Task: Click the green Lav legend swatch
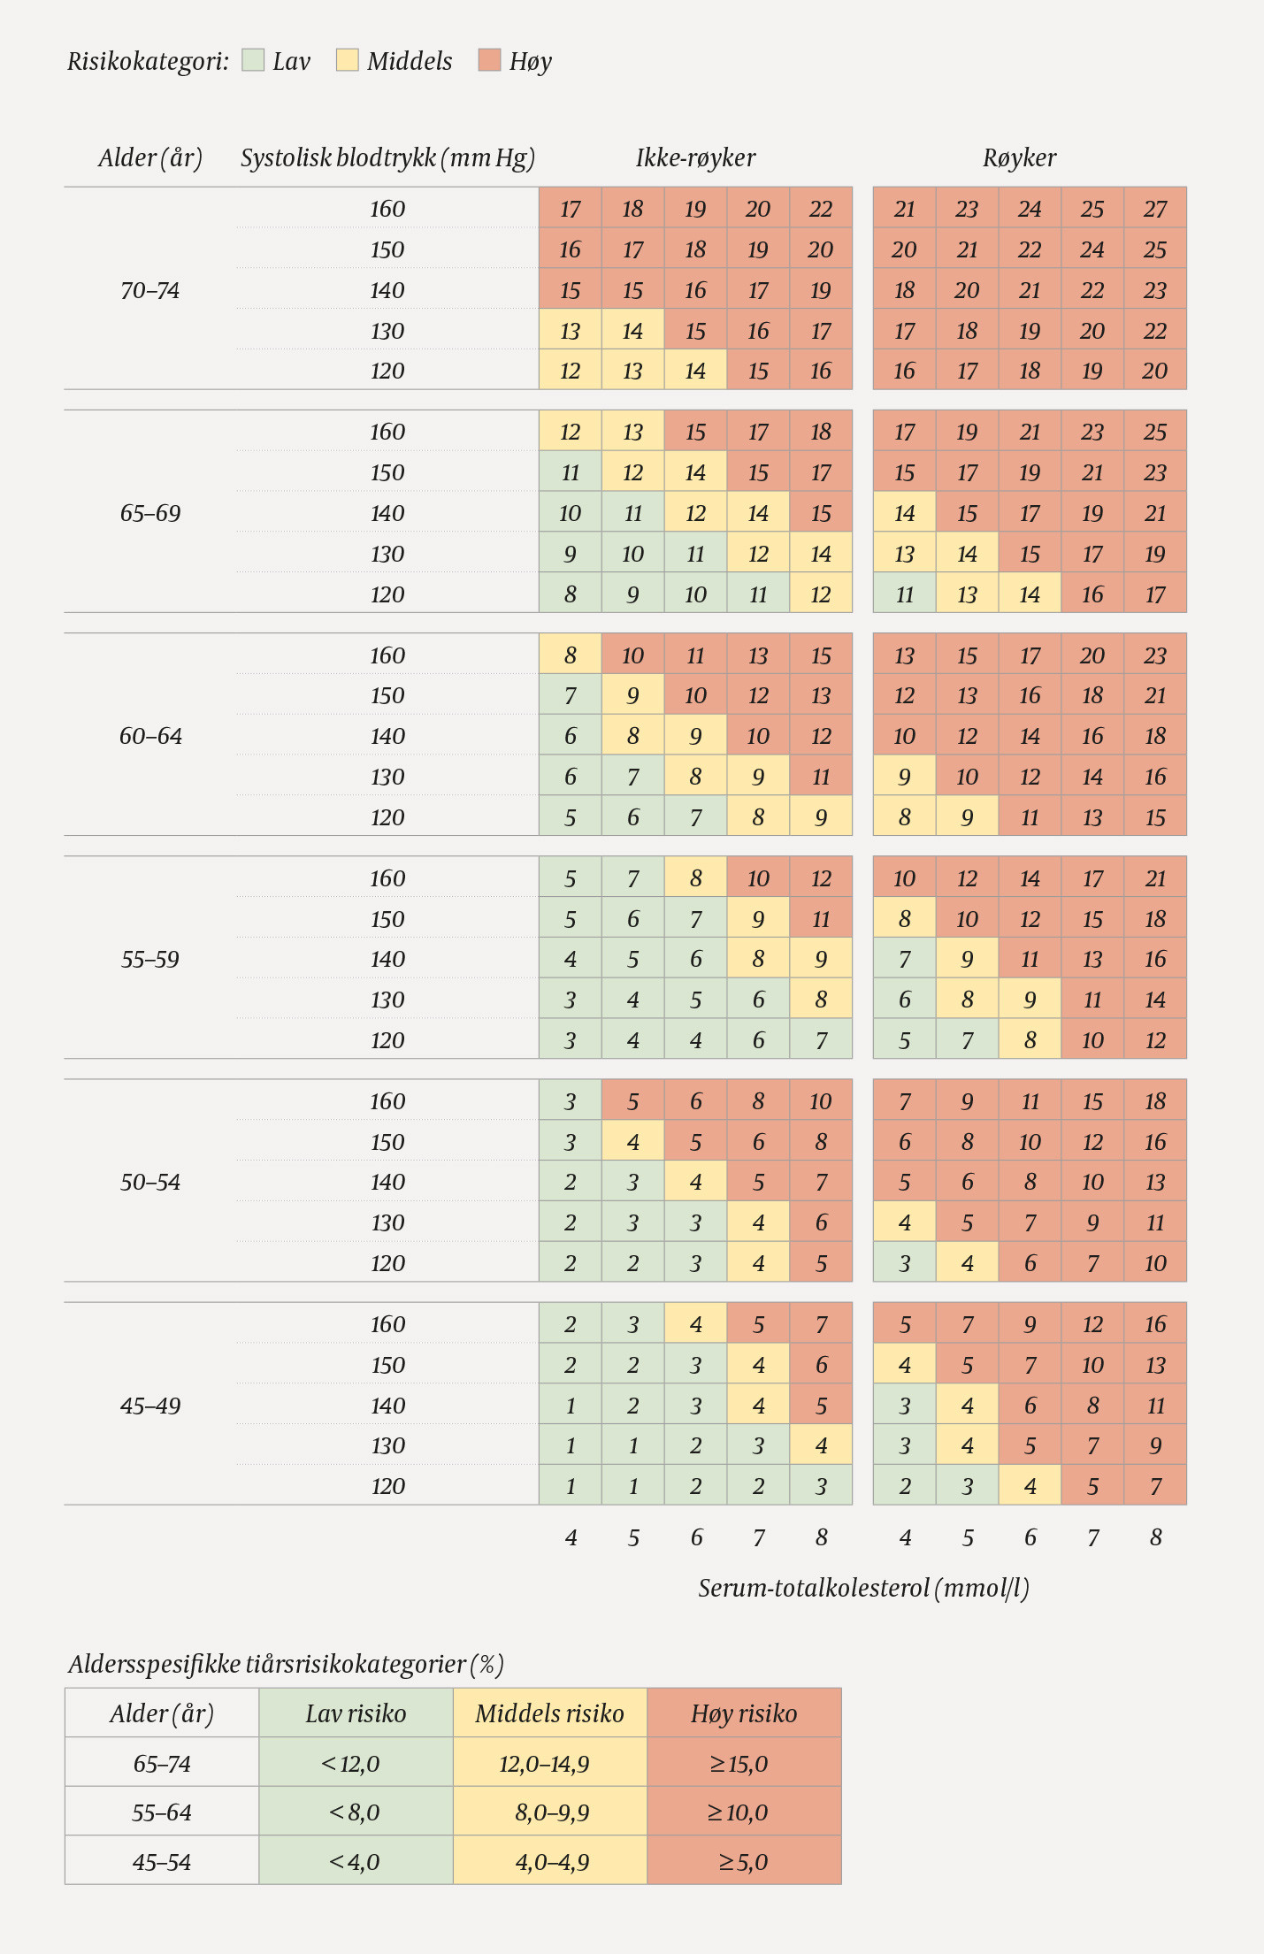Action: point(253,60)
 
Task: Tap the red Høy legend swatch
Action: point(489,60)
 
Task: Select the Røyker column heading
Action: point(1019,158)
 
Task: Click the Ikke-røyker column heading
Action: point(695,158)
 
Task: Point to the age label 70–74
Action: point(150,290)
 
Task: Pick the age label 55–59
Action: point(150,959)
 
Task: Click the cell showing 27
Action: point(1155,209)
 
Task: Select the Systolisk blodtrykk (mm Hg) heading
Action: point(387,158)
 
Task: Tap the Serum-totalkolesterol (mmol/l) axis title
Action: point(863,1588)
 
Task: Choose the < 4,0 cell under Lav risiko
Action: point(355,1862)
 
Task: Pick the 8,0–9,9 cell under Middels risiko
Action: point(551,1812)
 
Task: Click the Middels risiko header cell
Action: point(549,1714)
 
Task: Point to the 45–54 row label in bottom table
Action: point(162,1862)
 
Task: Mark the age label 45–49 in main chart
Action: point(150,1406)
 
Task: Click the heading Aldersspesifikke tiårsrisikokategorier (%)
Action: point(286,1665)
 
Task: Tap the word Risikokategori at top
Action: point(147,61)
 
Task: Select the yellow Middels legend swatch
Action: point(348,60)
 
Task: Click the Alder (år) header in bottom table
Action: point(162,1714)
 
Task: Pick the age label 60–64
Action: point(150,736)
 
